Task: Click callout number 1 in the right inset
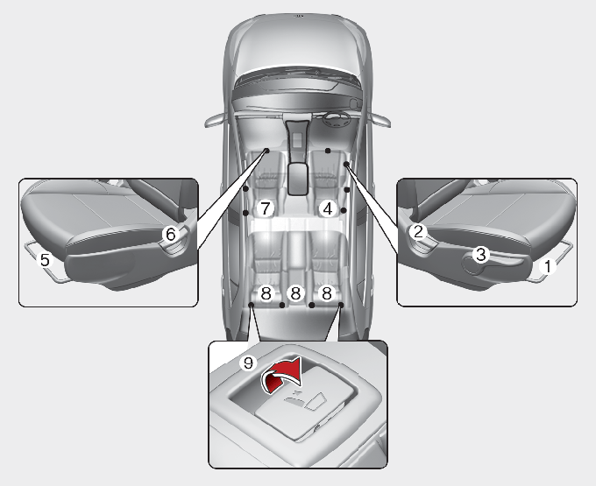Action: [547, 266]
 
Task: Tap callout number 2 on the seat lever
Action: [418, 231]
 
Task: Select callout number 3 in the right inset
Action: [481, 255]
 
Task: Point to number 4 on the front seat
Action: [328, 208]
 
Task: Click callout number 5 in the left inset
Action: [45, 260]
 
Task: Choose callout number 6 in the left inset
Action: [171, 235]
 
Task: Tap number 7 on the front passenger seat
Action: [265, 208]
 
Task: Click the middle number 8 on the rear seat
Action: [295, 293]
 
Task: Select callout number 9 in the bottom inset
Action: [248, 363]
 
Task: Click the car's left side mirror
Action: [216, 120]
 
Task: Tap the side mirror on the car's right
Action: [380, 120]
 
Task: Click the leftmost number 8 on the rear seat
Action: [266, 293]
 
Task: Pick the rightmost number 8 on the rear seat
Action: [327, 293]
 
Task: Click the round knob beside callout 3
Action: [472, 264]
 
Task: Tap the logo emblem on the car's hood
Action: [298, 17]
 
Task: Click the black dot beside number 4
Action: [344, 210]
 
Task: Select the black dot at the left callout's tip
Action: [266, 151]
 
